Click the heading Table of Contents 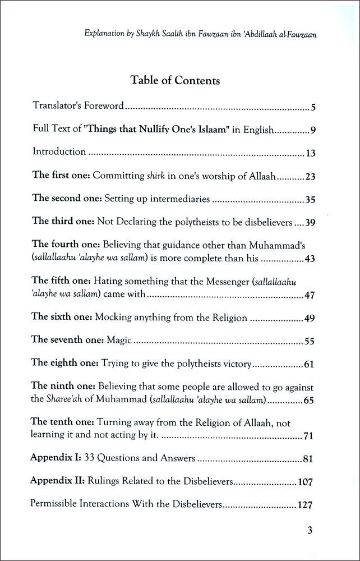point(176,80)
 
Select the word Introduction point(59,151)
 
